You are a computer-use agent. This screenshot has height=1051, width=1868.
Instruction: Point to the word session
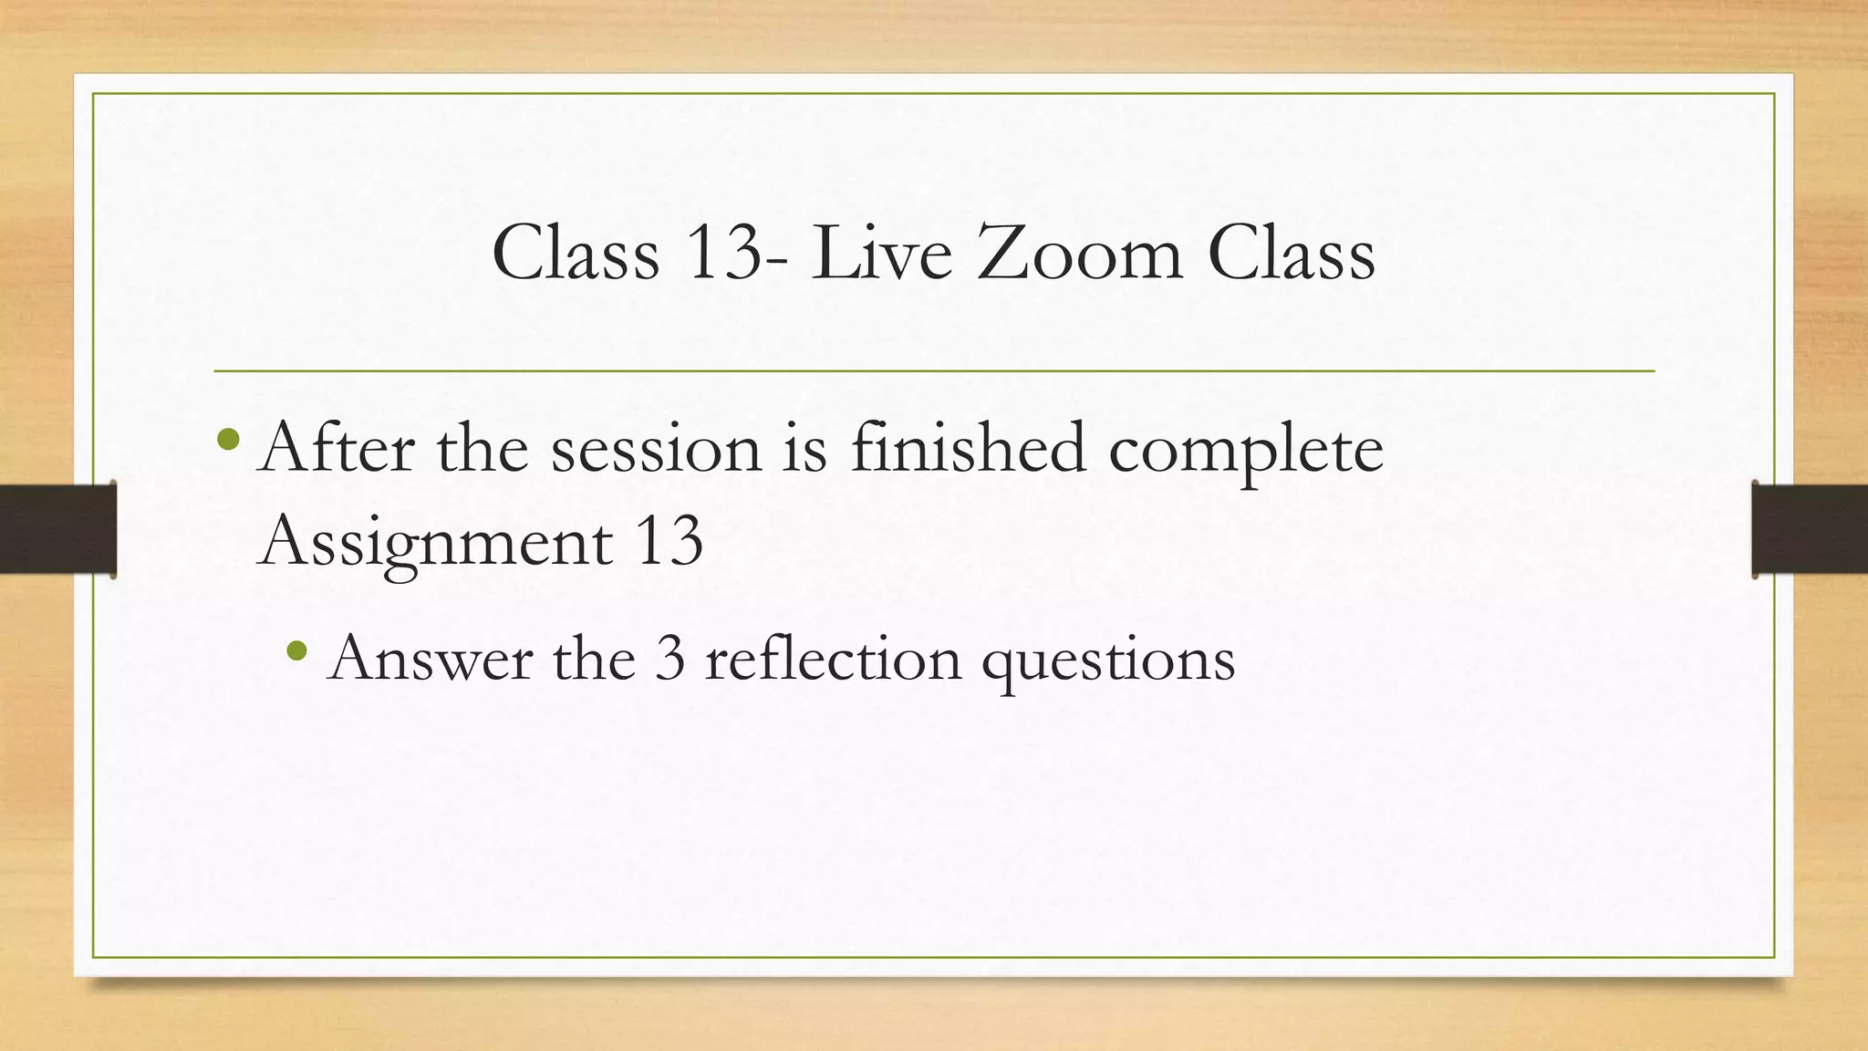click(x=656, y=449)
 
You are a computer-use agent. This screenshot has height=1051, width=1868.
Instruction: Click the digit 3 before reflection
click(x=669, y=658)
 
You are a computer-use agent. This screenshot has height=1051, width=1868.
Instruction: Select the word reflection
click(x=833, y=658)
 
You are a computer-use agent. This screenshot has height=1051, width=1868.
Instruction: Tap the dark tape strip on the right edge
click(x=1810, y=529)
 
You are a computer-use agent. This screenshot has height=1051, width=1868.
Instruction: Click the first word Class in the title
click(x=575, y=253)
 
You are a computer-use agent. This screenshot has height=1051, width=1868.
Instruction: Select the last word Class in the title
click(x=1291, y=253)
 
